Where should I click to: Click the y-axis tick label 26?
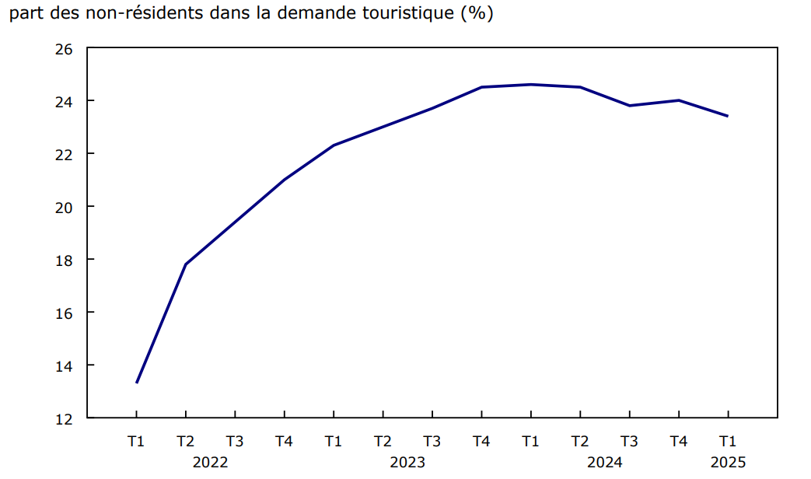click(64, 48)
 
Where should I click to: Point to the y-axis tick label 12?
click(64, 418)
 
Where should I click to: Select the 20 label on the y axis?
click(64, 207)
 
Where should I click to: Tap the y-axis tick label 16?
click(64, 313)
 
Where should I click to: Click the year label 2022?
click(210, 462)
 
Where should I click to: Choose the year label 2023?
click(407, 462)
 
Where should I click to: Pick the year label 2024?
click(604, 462)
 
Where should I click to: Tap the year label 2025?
click(728, 462)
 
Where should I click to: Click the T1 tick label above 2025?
click(728, 442)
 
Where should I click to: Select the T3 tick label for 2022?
click(235, 442)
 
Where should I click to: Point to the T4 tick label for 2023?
click(481, 442)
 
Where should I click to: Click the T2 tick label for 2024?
click(580, 442)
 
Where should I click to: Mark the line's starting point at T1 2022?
click(137, 382)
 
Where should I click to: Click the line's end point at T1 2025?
click(727, 116)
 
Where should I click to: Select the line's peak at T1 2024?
click(530, 84)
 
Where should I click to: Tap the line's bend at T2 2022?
click(186, 264)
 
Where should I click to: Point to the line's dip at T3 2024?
click(629, 106)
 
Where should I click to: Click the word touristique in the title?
click(399, 15)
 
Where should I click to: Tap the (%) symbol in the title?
click(476, 15)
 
